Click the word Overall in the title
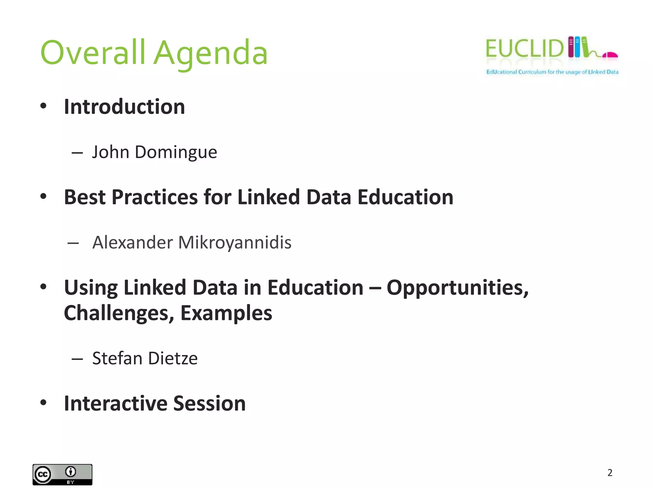[x=93, y=53]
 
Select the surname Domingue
[x=176, y=152]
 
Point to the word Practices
[x=154, y=197]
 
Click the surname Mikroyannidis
[x=235, y=243]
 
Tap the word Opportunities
[x=457, y=288]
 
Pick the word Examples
[x=226, y=313]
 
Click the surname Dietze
[x=173, y=358]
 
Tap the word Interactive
[x=115, y=404]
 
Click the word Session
[x=209, y=404]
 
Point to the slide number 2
[x=610, y=473]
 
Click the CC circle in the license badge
[x=43, y=475]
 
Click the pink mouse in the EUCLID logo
[x=610, y=55]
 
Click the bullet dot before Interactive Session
[x=43, y=403]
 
